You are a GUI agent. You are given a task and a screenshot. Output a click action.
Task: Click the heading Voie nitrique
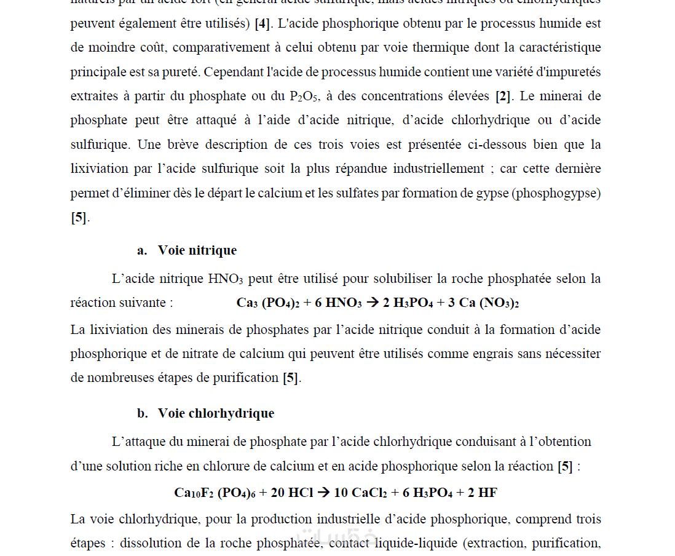tap(197, 250)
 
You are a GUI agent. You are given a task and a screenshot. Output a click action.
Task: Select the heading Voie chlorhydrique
tap(216, 413)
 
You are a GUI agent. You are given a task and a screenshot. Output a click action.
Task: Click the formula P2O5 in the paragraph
tap(304, 97)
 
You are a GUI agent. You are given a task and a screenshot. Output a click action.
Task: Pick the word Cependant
tap(233, 72)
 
